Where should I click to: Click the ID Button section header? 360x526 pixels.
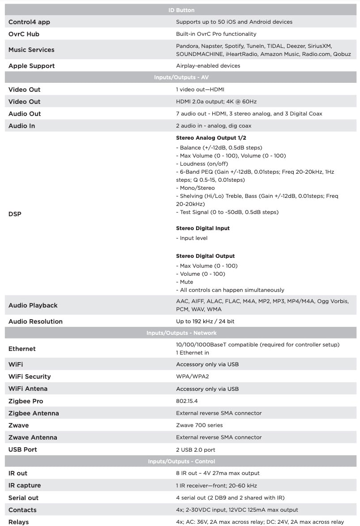point(181,10)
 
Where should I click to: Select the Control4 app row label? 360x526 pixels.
point(29,22)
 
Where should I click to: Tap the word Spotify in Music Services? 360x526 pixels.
point(234,46)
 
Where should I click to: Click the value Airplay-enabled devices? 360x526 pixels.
point(208,66)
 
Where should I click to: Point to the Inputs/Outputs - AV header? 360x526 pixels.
point(181,77)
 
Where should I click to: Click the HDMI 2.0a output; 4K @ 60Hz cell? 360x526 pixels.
point(216,102)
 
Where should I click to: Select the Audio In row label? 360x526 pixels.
point(21,126)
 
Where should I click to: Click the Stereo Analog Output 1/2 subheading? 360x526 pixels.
point(211,138)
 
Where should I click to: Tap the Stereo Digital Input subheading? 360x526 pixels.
point(202,228)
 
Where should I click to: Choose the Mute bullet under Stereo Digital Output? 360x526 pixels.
point(186,282)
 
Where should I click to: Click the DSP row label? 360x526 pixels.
point(15,214)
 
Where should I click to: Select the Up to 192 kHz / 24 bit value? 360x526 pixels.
point(205,321)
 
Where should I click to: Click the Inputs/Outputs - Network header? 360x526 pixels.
point(181,333)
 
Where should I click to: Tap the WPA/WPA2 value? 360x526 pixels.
point(193,376)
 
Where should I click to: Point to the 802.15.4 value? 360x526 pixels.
point(187,401)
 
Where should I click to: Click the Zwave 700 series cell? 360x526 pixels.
point(199,425)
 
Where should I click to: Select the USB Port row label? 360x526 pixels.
point(23,449)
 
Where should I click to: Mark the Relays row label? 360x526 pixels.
point(19,522)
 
